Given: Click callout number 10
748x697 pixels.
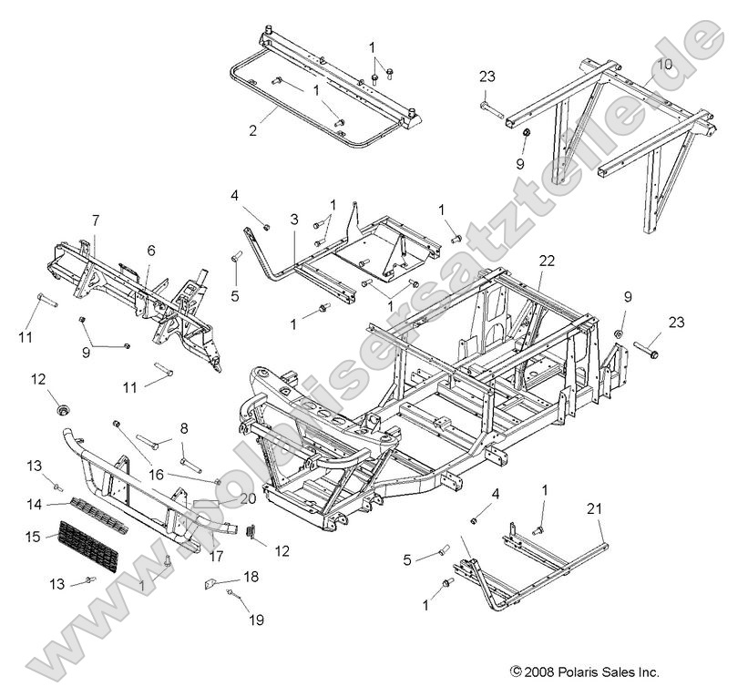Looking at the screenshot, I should [x=663, y=65].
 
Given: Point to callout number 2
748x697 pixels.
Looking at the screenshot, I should [x=252, y=129].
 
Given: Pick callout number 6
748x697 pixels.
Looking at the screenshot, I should [x=151, y=251].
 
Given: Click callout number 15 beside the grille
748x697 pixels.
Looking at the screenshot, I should [x=34, y=538].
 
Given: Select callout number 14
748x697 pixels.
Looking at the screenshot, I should [x=34, y=503].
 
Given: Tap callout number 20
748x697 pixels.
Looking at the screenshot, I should [x=248, y=498].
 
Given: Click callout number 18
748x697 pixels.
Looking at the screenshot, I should [x=251, y=576].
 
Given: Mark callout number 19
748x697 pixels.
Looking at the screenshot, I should [x=257, y=620].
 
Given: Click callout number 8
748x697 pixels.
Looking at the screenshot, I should [x=183, y=427].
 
